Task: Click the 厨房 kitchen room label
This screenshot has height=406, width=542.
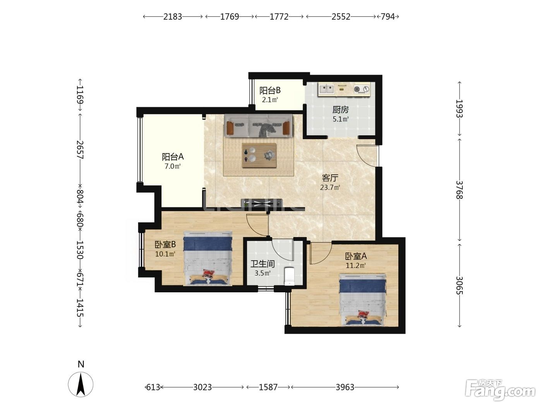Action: click(340, 109)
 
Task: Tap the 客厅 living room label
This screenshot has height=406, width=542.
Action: click(330, 178)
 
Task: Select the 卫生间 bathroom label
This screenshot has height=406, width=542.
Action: click(262, 264)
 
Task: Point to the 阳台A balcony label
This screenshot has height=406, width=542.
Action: click(173, 157)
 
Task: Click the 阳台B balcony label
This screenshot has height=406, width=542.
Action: click(270, 90)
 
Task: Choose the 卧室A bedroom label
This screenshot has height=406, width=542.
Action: click(355, 256)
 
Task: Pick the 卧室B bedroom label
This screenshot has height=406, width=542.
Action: click(165, 244)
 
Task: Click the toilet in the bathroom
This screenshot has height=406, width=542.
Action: click(290, 276)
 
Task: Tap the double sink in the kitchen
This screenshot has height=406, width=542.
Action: click(326, 89)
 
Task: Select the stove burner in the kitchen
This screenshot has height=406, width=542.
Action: click(362, 89)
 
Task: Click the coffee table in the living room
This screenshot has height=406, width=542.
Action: click(259, 155)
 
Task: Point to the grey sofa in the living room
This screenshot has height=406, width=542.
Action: click(258, 125)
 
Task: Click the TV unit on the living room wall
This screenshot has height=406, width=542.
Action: click(262, 203)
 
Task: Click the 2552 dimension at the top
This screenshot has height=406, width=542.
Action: click(341, 17)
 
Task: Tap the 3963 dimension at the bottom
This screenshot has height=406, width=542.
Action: click(345, 387)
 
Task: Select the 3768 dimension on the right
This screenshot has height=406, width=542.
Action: click(459, 190)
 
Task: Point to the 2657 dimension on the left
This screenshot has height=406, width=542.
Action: click(80, 150)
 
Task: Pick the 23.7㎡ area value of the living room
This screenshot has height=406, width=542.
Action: click(330, 188)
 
